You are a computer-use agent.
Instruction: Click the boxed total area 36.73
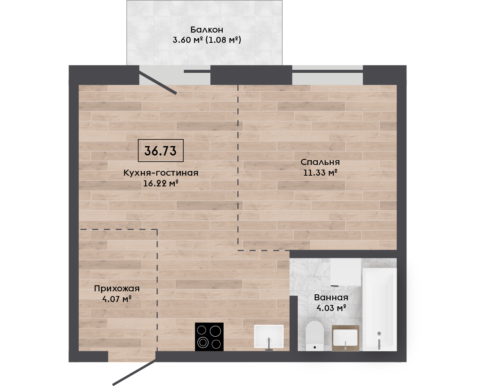click(160, 151)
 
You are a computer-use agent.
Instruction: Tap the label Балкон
click(207, 30)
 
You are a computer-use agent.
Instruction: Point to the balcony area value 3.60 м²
click(188, 40)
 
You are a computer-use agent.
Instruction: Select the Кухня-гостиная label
click(161, 173)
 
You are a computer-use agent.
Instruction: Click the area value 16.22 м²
click(161, 183)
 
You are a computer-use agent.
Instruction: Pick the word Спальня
click(320, 162)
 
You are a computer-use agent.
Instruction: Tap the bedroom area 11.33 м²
click(320, 173)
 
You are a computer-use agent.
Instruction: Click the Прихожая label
click(117, 288)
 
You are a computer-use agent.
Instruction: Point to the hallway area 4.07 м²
click(117, 299)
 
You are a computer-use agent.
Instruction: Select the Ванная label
click(331, 298)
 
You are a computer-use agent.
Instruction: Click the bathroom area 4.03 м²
click(331, 308)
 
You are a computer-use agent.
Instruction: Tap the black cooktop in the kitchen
click(209, 337)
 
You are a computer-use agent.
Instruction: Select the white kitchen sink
click(269, 336)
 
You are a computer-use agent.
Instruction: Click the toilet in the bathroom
click(314, 335)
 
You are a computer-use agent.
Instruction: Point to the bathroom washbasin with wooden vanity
click(345, 338)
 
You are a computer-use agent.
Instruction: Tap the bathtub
click(379, 309)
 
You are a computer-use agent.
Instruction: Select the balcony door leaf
click(158, 83)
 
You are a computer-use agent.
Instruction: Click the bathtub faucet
click(379, 340)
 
